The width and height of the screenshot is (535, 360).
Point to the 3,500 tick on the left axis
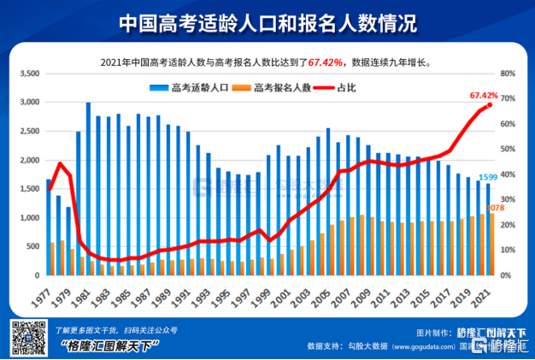[29, 74]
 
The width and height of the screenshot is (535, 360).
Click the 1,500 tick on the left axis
[29, 190]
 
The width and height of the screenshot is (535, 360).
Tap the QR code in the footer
[28, 338]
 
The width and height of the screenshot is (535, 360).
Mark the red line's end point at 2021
[489, 105]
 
